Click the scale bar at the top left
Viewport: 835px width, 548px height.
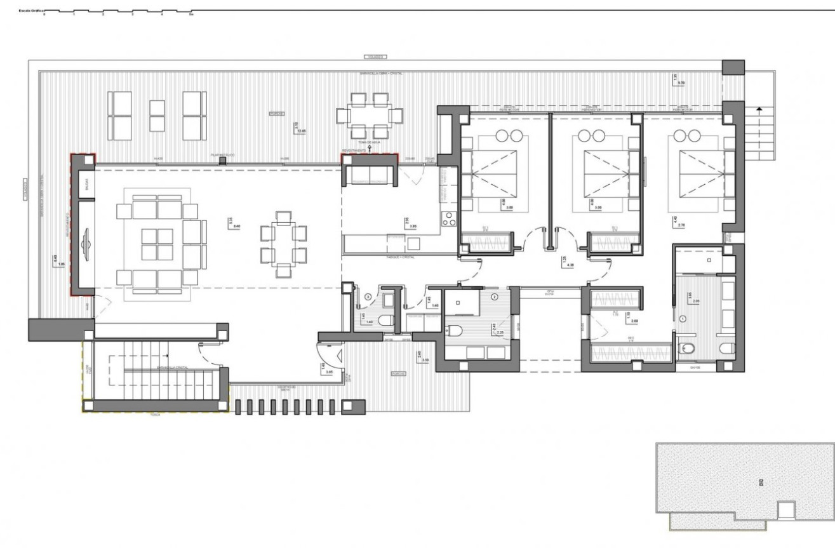click(117, 11)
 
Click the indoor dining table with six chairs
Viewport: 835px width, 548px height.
click(284, 244)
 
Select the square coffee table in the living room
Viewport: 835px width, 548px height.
click(157, 244)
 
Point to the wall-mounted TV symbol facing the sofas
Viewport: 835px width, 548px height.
click(86, 244)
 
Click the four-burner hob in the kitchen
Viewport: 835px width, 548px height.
click(450, 218)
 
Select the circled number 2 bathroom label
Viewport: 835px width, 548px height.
click(494, 297)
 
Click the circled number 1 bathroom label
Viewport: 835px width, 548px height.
click(683, 318)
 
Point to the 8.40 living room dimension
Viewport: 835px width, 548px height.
click(237, 226)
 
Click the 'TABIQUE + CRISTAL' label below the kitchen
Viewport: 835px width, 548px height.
click(400, 257)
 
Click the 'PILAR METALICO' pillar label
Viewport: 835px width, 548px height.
click(223, 154)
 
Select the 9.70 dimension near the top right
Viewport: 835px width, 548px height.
click(681, 83)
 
